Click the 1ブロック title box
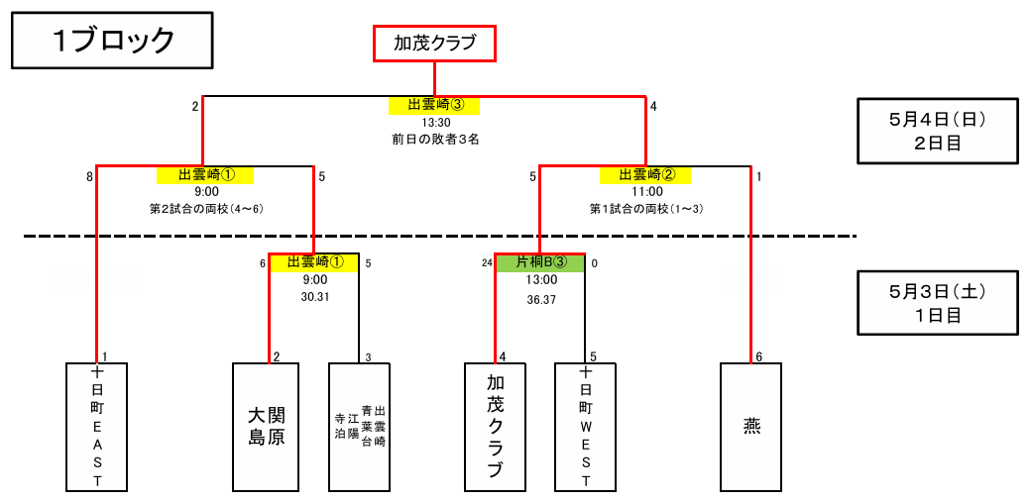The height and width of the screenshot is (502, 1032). (113, 41)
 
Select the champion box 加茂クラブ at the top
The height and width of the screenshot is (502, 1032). (434, 44)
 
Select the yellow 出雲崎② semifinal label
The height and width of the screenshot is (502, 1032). (645, 175)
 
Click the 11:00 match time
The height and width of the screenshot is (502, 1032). (646, 192)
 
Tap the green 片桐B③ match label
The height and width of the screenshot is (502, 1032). (540, 263)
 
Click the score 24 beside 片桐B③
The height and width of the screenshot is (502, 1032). (487, 263)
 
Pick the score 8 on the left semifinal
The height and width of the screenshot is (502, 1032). (89, 177)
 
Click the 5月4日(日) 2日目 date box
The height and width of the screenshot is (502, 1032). (937, 130)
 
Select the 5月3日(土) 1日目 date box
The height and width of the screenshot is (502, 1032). (937, 304)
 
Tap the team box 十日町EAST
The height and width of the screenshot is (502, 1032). (97, 427)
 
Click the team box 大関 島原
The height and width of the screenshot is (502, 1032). (266, 427)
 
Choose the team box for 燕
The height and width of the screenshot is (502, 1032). (751, 427)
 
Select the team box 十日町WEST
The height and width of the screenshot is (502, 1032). (585, 427)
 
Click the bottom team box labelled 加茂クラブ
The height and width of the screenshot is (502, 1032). (495, 427)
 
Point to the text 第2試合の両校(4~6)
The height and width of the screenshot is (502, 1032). (206, 209)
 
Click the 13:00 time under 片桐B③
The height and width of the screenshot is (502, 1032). (540, 280)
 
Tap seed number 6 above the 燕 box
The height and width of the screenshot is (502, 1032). (758, 356)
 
